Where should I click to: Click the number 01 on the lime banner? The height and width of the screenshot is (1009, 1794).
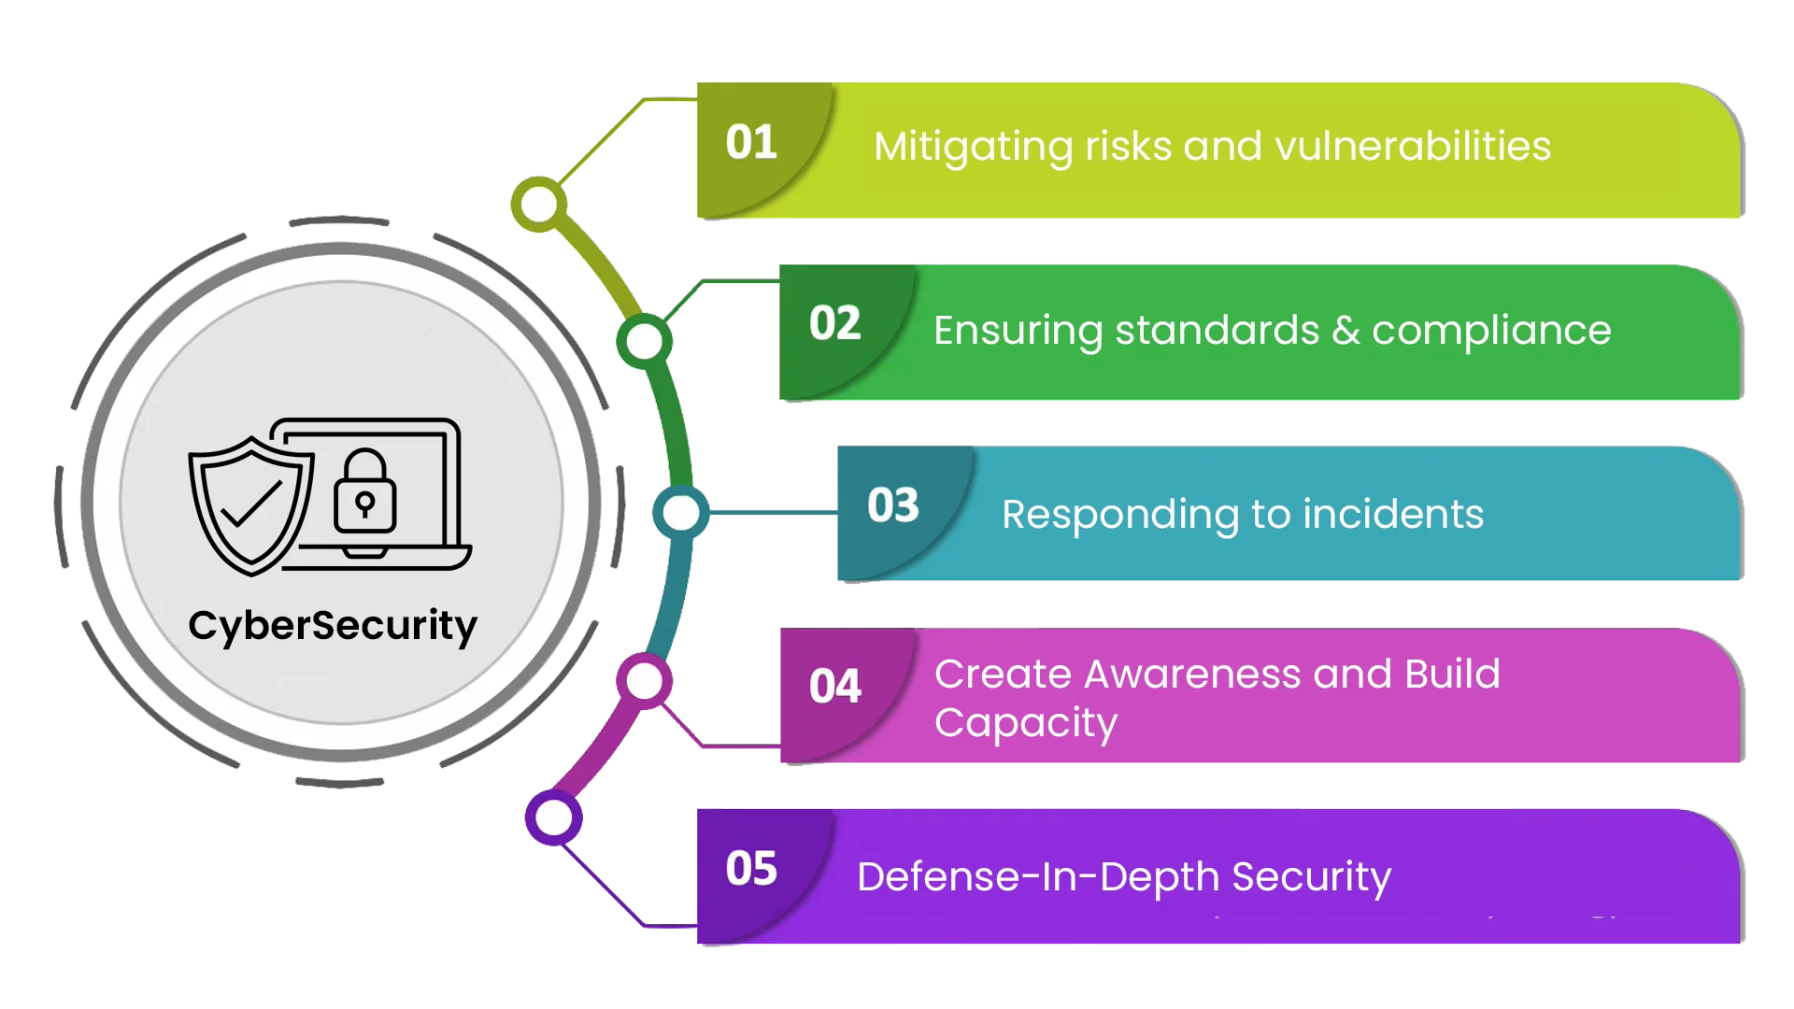pyautogui.click(x=751, y=143)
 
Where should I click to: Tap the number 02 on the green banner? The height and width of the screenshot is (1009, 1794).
pyautogui.click(x=834, y=324)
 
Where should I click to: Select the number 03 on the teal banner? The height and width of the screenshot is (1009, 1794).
pyautogui.click(x=892, y=505)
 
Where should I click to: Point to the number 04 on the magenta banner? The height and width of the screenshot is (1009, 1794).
pyautogui.click(x=834, y=687)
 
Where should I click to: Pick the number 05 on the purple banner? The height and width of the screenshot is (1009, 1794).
pyautogui.click(x=751, y=869)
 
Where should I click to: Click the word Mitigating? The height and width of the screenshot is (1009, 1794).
pyautogui.click(x=973, y=147)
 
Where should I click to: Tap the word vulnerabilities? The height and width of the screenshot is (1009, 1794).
pyautogui.click(x=1412, y=147)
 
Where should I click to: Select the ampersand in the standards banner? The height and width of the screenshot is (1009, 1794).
pyautogui.click(x=1345, y=330)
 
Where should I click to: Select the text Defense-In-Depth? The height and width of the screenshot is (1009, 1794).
pyautogui.click(x=1038, y=877)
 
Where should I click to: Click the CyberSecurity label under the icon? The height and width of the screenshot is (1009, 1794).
pyautogui.click(x=333, y=626)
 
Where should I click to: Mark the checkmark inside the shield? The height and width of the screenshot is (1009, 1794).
pyautogui.click(x=250, y=505)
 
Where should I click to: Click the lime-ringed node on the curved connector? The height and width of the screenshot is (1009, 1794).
pyautogui.click(x=539, y=205)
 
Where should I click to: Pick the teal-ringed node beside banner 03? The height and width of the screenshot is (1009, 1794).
pyautogui.click(x=680, y=512)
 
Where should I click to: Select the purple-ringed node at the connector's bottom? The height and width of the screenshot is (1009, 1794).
pyautogui.click(x=554, y=818)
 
